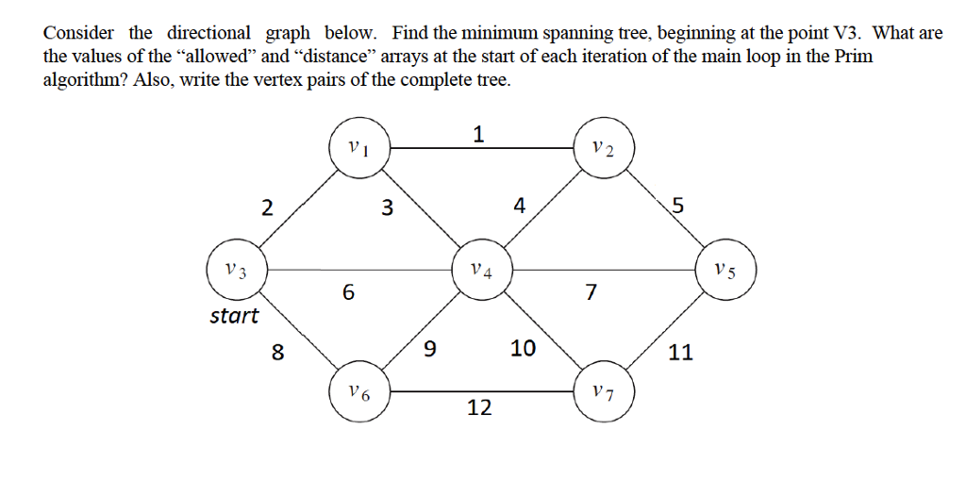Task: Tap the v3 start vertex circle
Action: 236,270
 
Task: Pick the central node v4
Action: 481,270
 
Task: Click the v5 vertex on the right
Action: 724,270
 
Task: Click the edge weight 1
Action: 479,134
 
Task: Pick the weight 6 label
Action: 348,293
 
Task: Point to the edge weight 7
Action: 591,293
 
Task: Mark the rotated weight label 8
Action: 277,354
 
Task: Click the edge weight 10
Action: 523,349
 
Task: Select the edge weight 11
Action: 680,353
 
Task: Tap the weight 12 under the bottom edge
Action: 479,407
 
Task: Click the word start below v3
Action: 234,315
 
